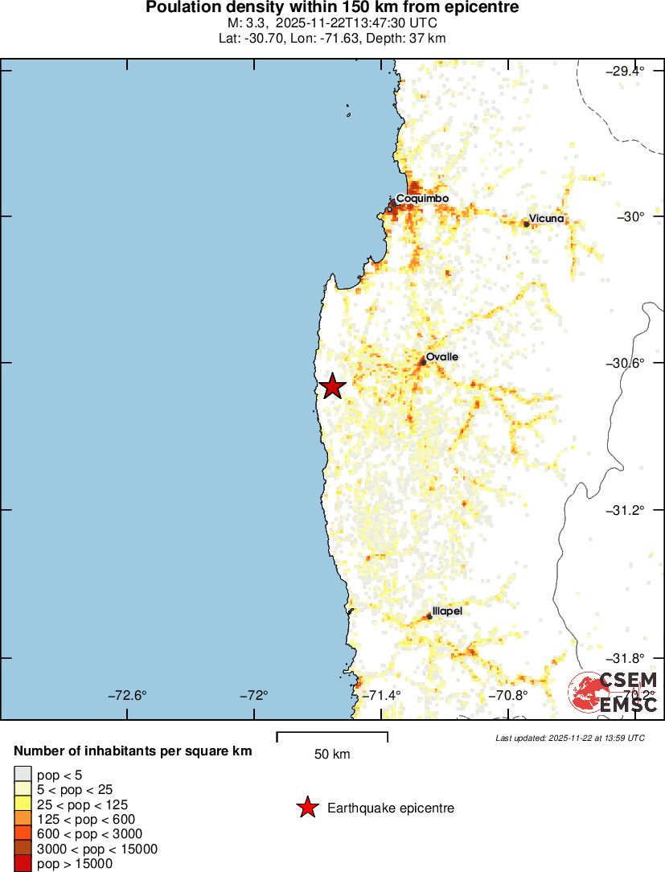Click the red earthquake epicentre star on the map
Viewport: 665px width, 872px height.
[x=331, y=387]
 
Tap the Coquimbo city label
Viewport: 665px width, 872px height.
[x=422, y=198]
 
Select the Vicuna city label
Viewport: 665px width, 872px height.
[x=547, y=219]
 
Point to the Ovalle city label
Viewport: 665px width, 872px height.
[x=442, y=356]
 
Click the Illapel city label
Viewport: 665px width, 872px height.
[x=447, y=611]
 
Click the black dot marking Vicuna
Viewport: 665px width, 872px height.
[x=527, y=224]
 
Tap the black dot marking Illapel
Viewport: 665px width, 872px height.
[x=429, y=616]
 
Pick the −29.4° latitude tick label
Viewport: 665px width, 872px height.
[x=625, y=71]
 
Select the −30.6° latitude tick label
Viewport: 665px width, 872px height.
[x=625, y=363]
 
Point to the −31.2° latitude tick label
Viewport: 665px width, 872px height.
[x=625, y=510]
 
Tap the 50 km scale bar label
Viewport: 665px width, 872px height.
[x=332, y=754]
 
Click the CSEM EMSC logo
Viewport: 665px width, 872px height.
[x=614, y=693]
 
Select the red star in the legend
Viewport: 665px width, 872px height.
[x=307, y=808]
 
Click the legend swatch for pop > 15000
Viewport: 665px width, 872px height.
[x=23, y=863]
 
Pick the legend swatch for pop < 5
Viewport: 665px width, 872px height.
[x=23, y=775]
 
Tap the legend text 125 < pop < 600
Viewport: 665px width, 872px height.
[x=86, y=819]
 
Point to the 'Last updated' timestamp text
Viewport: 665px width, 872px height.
[x=570, y=738]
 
